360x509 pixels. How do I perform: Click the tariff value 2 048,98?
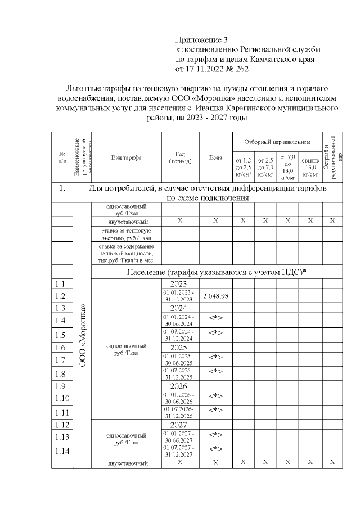point(215,296)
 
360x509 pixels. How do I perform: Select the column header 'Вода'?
point(215,157)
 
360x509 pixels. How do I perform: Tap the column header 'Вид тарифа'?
point(127,157)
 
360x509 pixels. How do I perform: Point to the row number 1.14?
point(62,451)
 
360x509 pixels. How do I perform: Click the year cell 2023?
point(178,284)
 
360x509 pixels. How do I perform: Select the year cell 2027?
point(178,425)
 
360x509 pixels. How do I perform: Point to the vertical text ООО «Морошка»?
point(82,335)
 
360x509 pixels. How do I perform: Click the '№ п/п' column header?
point(62,157)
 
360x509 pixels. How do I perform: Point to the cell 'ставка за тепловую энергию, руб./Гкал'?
point(126,233)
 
